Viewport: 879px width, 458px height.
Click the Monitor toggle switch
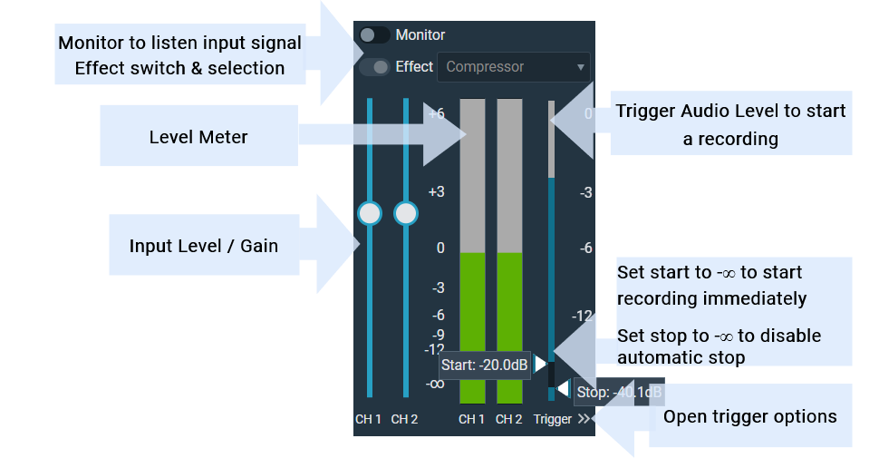374,35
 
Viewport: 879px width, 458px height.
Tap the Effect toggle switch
374,67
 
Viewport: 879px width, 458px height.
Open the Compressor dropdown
514,67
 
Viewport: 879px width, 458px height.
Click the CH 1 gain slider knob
370,213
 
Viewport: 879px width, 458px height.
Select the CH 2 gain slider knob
406,213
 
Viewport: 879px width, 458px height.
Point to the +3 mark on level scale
436,191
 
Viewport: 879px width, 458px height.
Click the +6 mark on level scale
436,113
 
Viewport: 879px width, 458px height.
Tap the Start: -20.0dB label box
485,365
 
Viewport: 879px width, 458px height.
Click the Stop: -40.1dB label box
619,393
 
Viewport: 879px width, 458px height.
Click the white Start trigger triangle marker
540,364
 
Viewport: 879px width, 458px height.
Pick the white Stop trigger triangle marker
564,389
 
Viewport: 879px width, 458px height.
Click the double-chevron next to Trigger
584,419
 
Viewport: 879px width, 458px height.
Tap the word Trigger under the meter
553,419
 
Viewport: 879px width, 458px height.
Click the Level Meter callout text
198,137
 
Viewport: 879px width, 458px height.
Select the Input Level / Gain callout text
203,246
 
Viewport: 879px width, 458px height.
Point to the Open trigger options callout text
750,416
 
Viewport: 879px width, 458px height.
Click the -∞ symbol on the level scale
435,383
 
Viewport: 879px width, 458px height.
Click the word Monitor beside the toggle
420,35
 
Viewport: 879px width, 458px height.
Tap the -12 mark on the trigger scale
582,316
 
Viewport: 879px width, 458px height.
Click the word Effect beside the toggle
414,67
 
